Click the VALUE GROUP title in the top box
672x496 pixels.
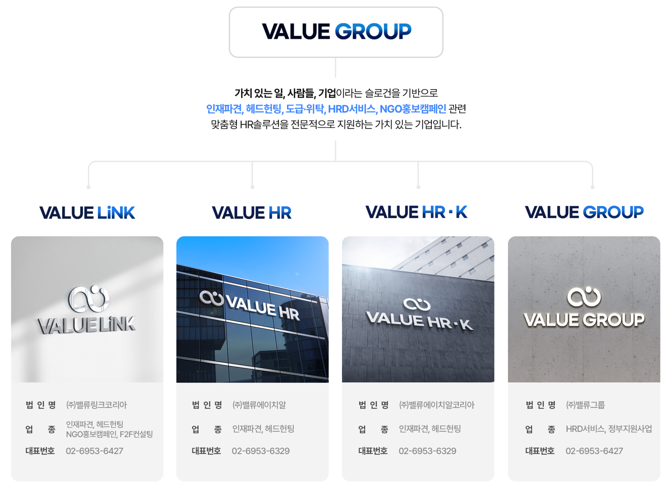336,31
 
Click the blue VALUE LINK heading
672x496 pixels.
87,212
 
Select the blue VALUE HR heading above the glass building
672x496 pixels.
252,212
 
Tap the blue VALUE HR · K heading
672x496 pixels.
416,212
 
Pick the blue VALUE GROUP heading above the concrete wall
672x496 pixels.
584,212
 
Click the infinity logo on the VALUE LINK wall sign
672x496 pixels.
89,299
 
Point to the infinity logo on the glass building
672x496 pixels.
211,298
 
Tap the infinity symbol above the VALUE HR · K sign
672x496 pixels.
416,304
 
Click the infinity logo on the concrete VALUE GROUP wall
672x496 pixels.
584,297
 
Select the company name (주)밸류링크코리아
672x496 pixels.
97,405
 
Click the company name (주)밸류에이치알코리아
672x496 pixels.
436,405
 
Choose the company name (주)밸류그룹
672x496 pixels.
585,405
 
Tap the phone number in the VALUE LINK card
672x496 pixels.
94,451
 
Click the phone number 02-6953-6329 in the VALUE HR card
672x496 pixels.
261,451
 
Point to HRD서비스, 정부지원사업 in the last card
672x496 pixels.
609,429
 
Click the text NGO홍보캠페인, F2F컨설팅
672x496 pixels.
109,434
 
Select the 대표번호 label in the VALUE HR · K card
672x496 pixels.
373,451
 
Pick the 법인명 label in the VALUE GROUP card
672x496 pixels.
540,405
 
